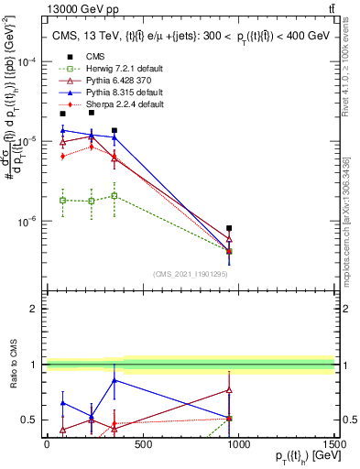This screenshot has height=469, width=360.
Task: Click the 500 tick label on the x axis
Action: point(142,444)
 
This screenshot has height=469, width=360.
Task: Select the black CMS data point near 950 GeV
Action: point(229,228)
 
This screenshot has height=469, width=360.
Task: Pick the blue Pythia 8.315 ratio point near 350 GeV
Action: point(114,379)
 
